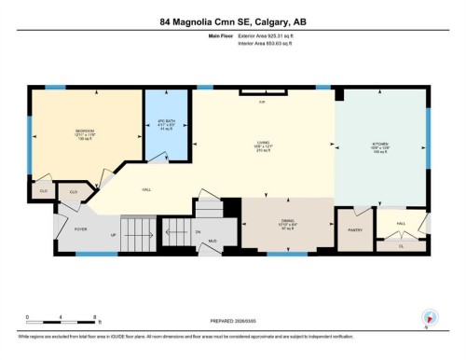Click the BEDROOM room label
[86, 131]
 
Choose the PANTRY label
[354, 229]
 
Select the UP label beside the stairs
[114, 235]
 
